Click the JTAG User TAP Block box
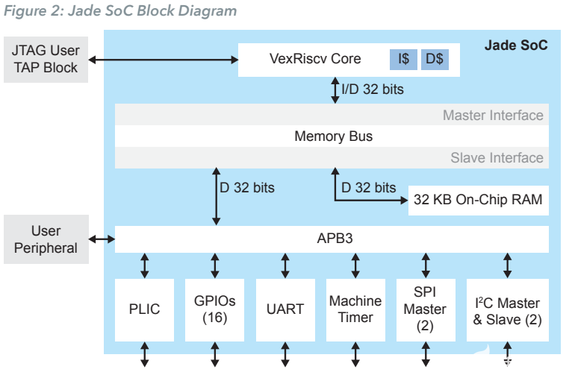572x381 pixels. click(x=45, y=58)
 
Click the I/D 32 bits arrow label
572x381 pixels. click(x=373, y=89)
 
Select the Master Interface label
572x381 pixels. click(x=493, y=115)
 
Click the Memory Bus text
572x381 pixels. click(x=333, y=136)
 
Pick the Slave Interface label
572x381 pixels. click(x=497, y=157)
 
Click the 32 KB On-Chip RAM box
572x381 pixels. click(x=478, y=200)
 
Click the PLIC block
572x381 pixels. click(x=144, y=309)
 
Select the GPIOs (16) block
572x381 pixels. click(x=214, y=309)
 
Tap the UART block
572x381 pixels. click(x=285, y=309)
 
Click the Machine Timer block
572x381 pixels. click(x=355, y=309)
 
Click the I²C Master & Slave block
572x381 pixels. click(x=507, y=309)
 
